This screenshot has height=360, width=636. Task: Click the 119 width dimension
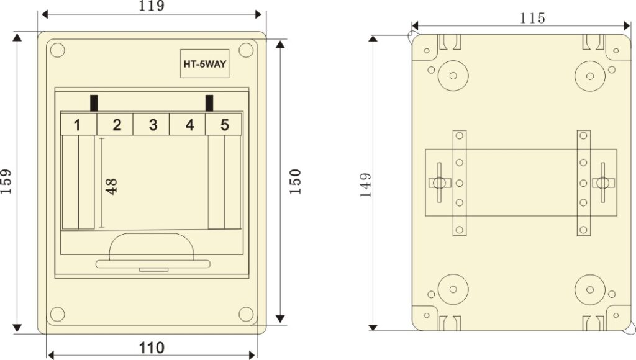tap(152, 7)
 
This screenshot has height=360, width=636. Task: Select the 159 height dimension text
tap(7, 181)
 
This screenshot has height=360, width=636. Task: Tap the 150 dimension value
tap(295, 181)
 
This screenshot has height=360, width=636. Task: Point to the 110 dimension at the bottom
tap(152, 348)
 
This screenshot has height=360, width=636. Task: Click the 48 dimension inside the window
tap(112, 186)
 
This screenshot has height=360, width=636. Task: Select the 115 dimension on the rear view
tap(533, 19)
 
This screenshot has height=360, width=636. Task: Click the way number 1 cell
tap(77, 125)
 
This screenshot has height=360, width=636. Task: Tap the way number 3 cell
tap(153, 125)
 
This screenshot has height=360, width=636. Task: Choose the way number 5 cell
tap(225, 125)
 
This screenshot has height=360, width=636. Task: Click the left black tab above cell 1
tap(94, 102)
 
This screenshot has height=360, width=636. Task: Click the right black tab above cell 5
tap(209, 102)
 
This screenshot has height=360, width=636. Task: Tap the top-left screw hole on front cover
tap(57, 50)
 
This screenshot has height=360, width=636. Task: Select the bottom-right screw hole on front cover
tap(246, 314)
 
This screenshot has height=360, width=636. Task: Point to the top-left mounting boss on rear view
tap(453, 76)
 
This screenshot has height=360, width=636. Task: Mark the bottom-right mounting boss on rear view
tap(590, 290)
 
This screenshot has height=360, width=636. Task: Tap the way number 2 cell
tap(116, 125)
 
